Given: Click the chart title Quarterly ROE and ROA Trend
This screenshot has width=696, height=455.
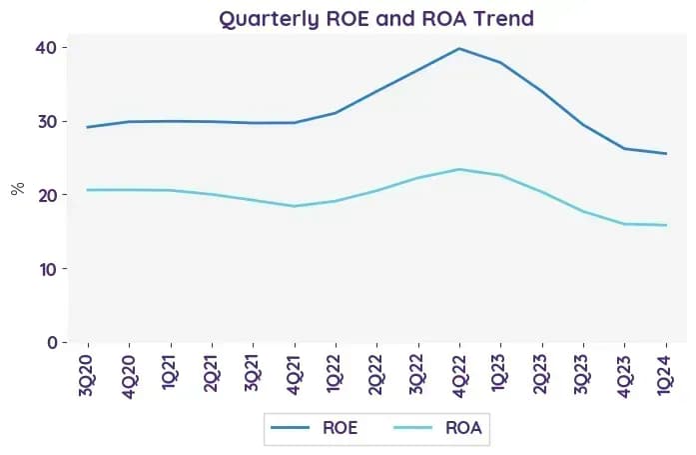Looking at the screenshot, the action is click(376, 19).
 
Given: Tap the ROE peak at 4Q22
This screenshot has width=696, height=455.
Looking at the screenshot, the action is click(459, 48).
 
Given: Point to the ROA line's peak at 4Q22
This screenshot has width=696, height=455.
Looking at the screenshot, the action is click(459, 169).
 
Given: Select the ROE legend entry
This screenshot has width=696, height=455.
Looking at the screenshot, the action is click(315, 428).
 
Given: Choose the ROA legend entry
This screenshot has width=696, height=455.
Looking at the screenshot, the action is click(437, 428).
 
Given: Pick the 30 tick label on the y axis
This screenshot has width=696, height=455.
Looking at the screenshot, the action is click(48, 121).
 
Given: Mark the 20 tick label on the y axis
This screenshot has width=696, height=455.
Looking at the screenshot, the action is click(48, 195).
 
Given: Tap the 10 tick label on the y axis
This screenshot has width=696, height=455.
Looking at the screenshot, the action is click(49, 269).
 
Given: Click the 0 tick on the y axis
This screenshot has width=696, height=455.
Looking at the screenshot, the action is click(53, 343).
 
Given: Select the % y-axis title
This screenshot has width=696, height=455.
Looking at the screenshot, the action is click(18, 189).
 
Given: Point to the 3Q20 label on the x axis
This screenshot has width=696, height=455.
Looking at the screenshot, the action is click(85, 375).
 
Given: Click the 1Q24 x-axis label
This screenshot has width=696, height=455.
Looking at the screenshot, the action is click(665, 375).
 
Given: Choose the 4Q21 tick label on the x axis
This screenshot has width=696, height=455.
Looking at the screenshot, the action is click(295, 375).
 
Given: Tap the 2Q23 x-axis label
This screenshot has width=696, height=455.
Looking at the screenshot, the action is click(542, 375).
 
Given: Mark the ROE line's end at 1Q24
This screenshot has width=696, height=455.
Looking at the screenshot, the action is click(666, 154).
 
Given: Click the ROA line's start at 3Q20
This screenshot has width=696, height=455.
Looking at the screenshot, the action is click(87, 190).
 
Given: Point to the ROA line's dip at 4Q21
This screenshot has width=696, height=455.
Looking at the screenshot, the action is click(295, 206).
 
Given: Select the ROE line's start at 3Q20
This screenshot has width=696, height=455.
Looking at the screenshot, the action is click(87, 127).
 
